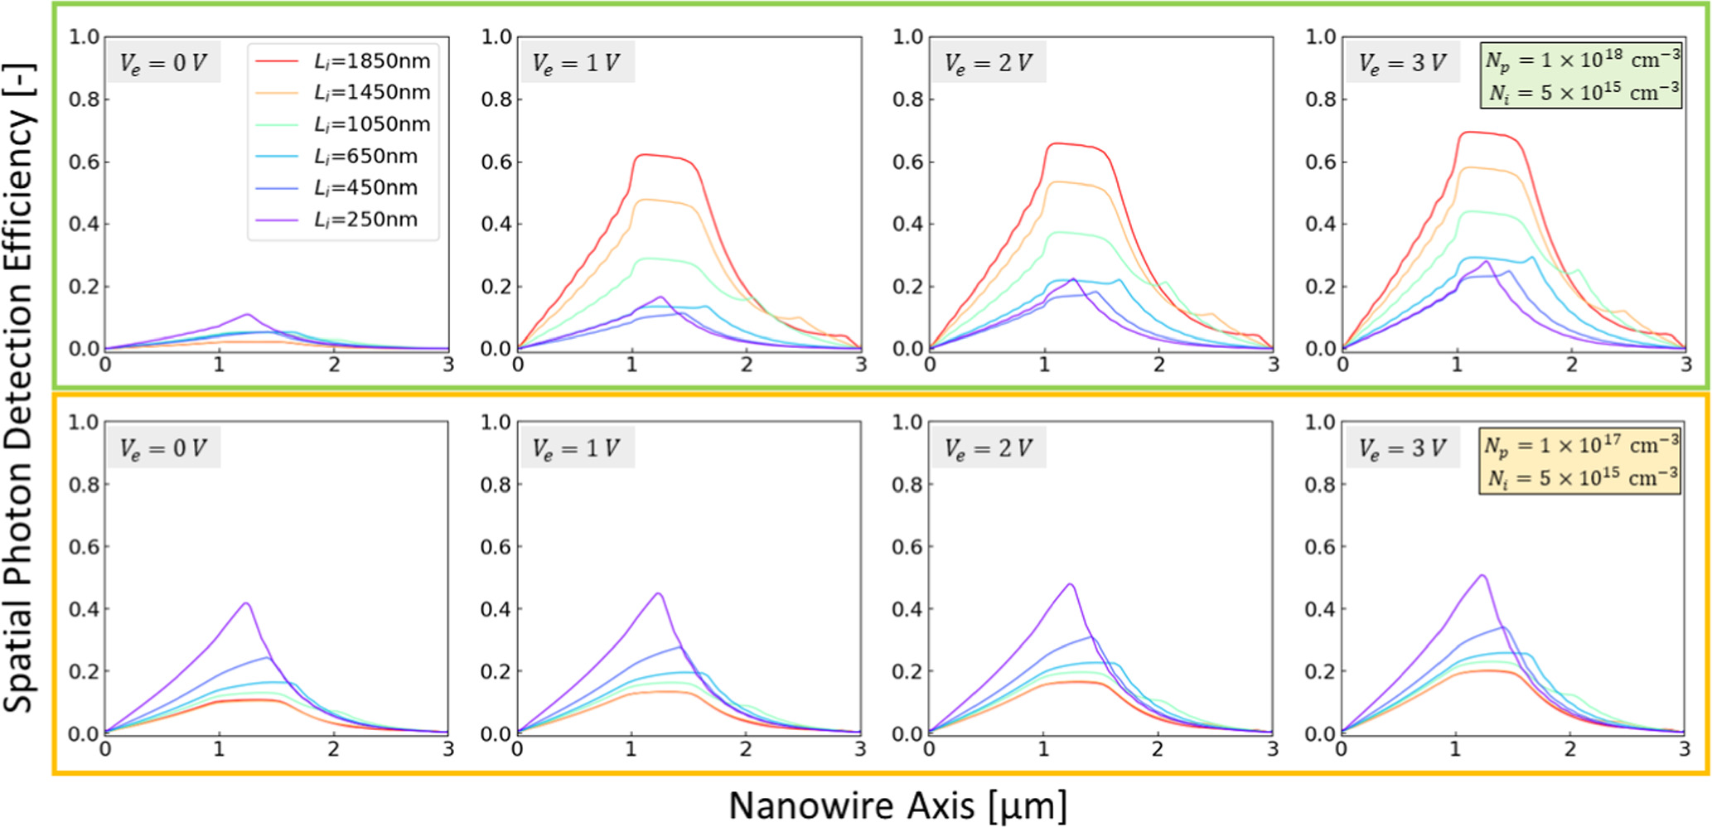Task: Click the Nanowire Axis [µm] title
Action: [x=897, y=805]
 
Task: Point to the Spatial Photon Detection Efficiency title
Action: [x=18, y=389]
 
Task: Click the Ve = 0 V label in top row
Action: [x=163, y=63]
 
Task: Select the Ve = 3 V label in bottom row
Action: [x=1401, y=448]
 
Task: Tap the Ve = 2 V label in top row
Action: [x=989, y=63]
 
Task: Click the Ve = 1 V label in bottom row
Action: [x=576, y=448]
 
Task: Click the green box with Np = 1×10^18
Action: [x=1582, y=76]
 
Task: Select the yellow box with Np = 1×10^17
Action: [x=1580, y=462]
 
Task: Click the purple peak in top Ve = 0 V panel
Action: [x=247, y=315]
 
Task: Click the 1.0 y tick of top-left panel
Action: [x=84, y=37]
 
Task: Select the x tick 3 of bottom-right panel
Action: [x=1684, y=749]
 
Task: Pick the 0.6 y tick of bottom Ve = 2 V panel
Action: [x=907, y=547]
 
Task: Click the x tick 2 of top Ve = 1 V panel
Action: [x=747, y=365]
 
